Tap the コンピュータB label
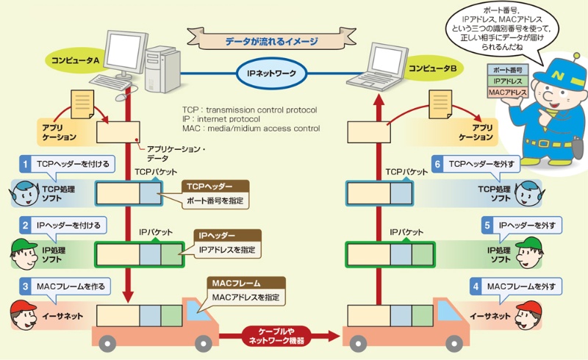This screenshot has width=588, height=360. (x=434, y=68)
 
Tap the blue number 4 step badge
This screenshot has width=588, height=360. (x=476, y=285)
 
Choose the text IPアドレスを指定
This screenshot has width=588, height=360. (x=227, y=250)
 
